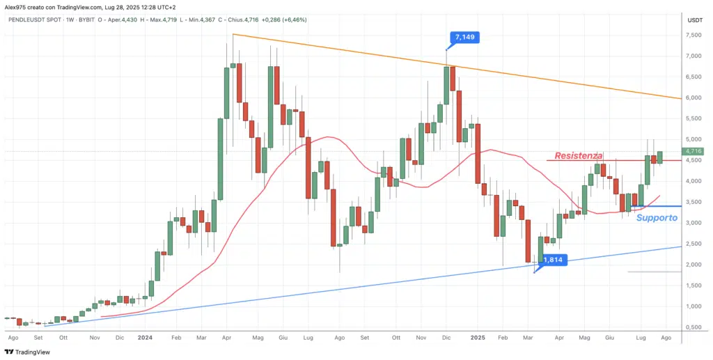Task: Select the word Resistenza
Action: [x=578, y=155]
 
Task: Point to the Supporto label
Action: [x=656, y=218]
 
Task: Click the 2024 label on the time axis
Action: [x=145, y=337]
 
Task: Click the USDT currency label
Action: [x=694, y=20]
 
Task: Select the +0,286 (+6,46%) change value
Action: [x=283, y=20]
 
